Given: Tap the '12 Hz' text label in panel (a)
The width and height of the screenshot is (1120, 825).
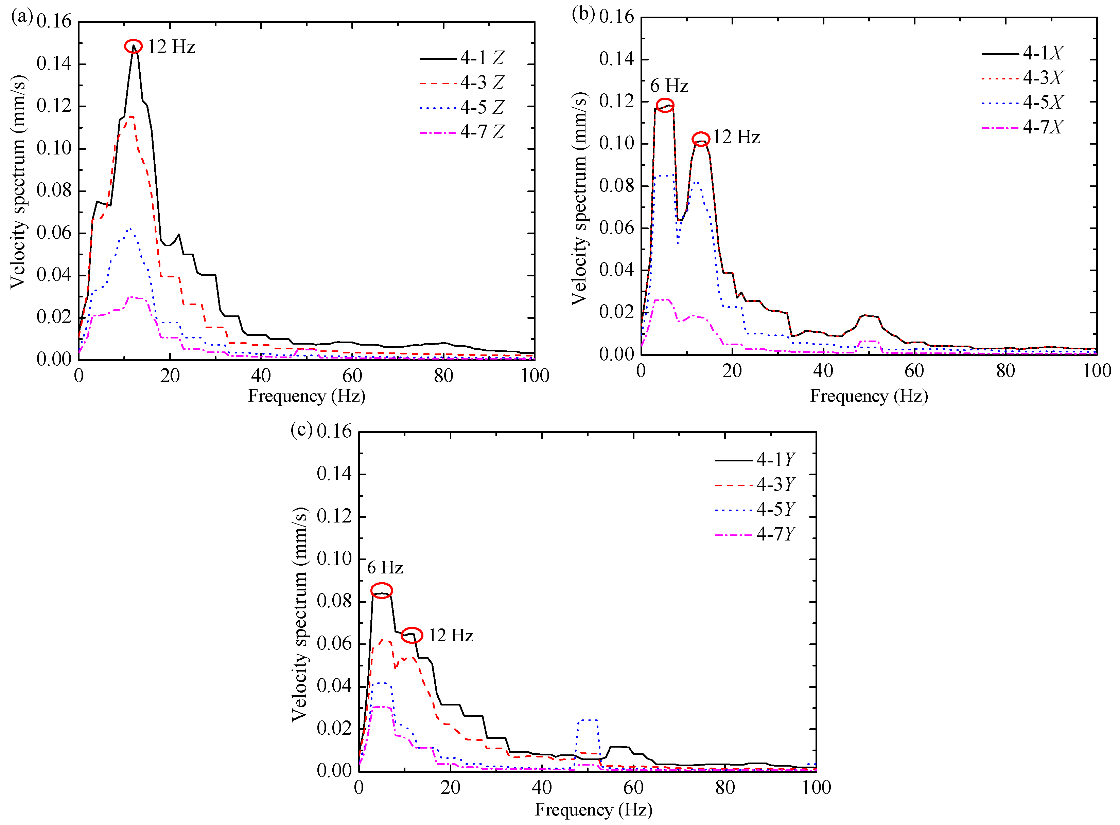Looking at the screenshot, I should point(171,47).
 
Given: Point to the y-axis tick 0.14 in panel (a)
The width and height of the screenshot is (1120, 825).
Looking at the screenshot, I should point(54,64).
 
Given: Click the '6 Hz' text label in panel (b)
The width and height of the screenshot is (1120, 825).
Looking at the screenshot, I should point(669,86).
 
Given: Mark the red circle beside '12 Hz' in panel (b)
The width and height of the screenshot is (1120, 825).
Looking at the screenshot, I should point(701,139).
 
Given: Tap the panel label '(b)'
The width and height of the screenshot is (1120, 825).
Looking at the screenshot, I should point(583,14).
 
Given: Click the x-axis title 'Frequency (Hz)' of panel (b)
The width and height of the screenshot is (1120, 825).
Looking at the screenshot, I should point(869,396).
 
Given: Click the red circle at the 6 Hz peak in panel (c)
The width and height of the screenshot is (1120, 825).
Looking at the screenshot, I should point(381,590).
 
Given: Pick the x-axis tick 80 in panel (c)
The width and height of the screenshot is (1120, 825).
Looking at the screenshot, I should point(725,788).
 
